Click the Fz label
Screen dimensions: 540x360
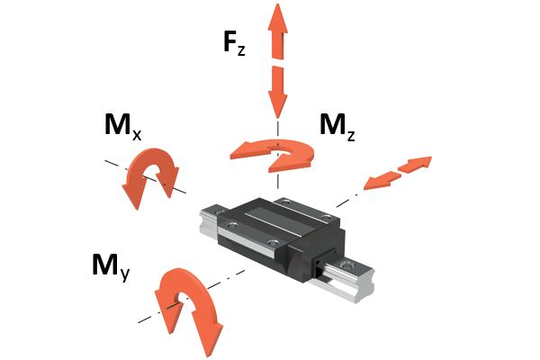pyautogui.click(x=234, y=43)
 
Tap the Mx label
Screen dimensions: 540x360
pyautogui.click(x=123, y=126)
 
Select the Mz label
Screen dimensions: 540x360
pyautogui.click(x=337, y=127)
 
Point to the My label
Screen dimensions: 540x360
pyautogui.click(x=111, y=267)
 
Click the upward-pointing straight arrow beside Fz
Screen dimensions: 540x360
pyautogui.click(x=277, y=31)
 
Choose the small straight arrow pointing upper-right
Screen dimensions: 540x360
pyautogui.click(x=415, y=165)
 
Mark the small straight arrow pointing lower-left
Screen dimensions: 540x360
pyautogui.click(x=382, y=181)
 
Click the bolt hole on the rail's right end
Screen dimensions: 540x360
pyautogui.click(x=346, y=265)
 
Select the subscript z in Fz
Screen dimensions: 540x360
pyautogui.click(x=241, y=50)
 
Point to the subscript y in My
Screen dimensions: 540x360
pyautogui.click(x=125, y=274)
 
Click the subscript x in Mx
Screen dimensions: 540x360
pyautogui.click(x=137, y=134)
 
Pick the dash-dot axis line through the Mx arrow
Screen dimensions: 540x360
pyautogui.click(x=146, y=176)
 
